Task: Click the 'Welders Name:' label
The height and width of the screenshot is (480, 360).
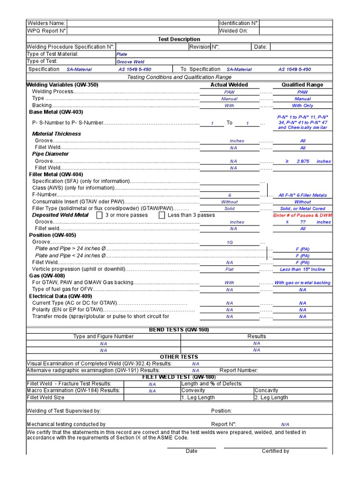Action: point(46,23)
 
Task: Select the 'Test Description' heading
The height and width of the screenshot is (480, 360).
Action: point(179,39)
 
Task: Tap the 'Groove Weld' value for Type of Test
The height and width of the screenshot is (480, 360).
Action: point(130,62)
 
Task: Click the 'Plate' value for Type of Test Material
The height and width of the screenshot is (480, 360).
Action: point(122,54)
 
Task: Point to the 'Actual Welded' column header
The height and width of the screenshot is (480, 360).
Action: point(229,85)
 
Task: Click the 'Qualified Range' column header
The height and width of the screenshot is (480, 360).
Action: point(302,85)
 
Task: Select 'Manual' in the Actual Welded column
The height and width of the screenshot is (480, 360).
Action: point(229,99)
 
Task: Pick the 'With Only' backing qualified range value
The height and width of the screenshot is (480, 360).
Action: point(302,106)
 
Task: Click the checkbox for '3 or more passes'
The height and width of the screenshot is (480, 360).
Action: point(99,215)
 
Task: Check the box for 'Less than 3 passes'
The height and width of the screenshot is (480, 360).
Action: point(162,215)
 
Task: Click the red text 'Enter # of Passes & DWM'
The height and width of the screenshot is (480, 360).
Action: point(302,215)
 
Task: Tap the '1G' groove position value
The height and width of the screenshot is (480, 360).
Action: point(229,243)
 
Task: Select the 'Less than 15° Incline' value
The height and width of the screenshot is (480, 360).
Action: point(302,270)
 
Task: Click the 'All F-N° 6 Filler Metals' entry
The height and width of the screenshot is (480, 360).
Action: point(302,195)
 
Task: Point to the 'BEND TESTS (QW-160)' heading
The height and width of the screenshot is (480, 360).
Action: point(179,330)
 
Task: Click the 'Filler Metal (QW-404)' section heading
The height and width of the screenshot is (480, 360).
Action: point(56,174)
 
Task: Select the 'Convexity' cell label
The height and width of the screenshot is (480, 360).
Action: point(193,390)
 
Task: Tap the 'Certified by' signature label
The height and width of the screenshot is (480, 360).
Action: point(275,451)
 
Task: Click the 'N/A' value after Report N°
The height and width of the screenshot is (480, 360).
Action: point(285,425)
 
